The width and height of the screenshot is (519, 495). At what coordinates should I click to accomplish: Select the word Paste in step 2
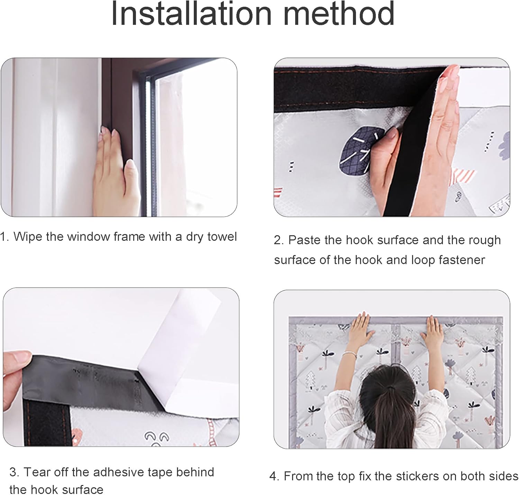pyautogui.click(x=303, y=240)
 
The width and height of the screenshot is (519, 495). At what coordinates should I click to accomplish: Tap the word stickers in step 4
pyautogui.click(x=417, y=476)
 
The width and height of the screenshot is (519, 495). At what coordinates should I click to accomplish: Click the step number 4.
pyautogui.click(x=273, y=476)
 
